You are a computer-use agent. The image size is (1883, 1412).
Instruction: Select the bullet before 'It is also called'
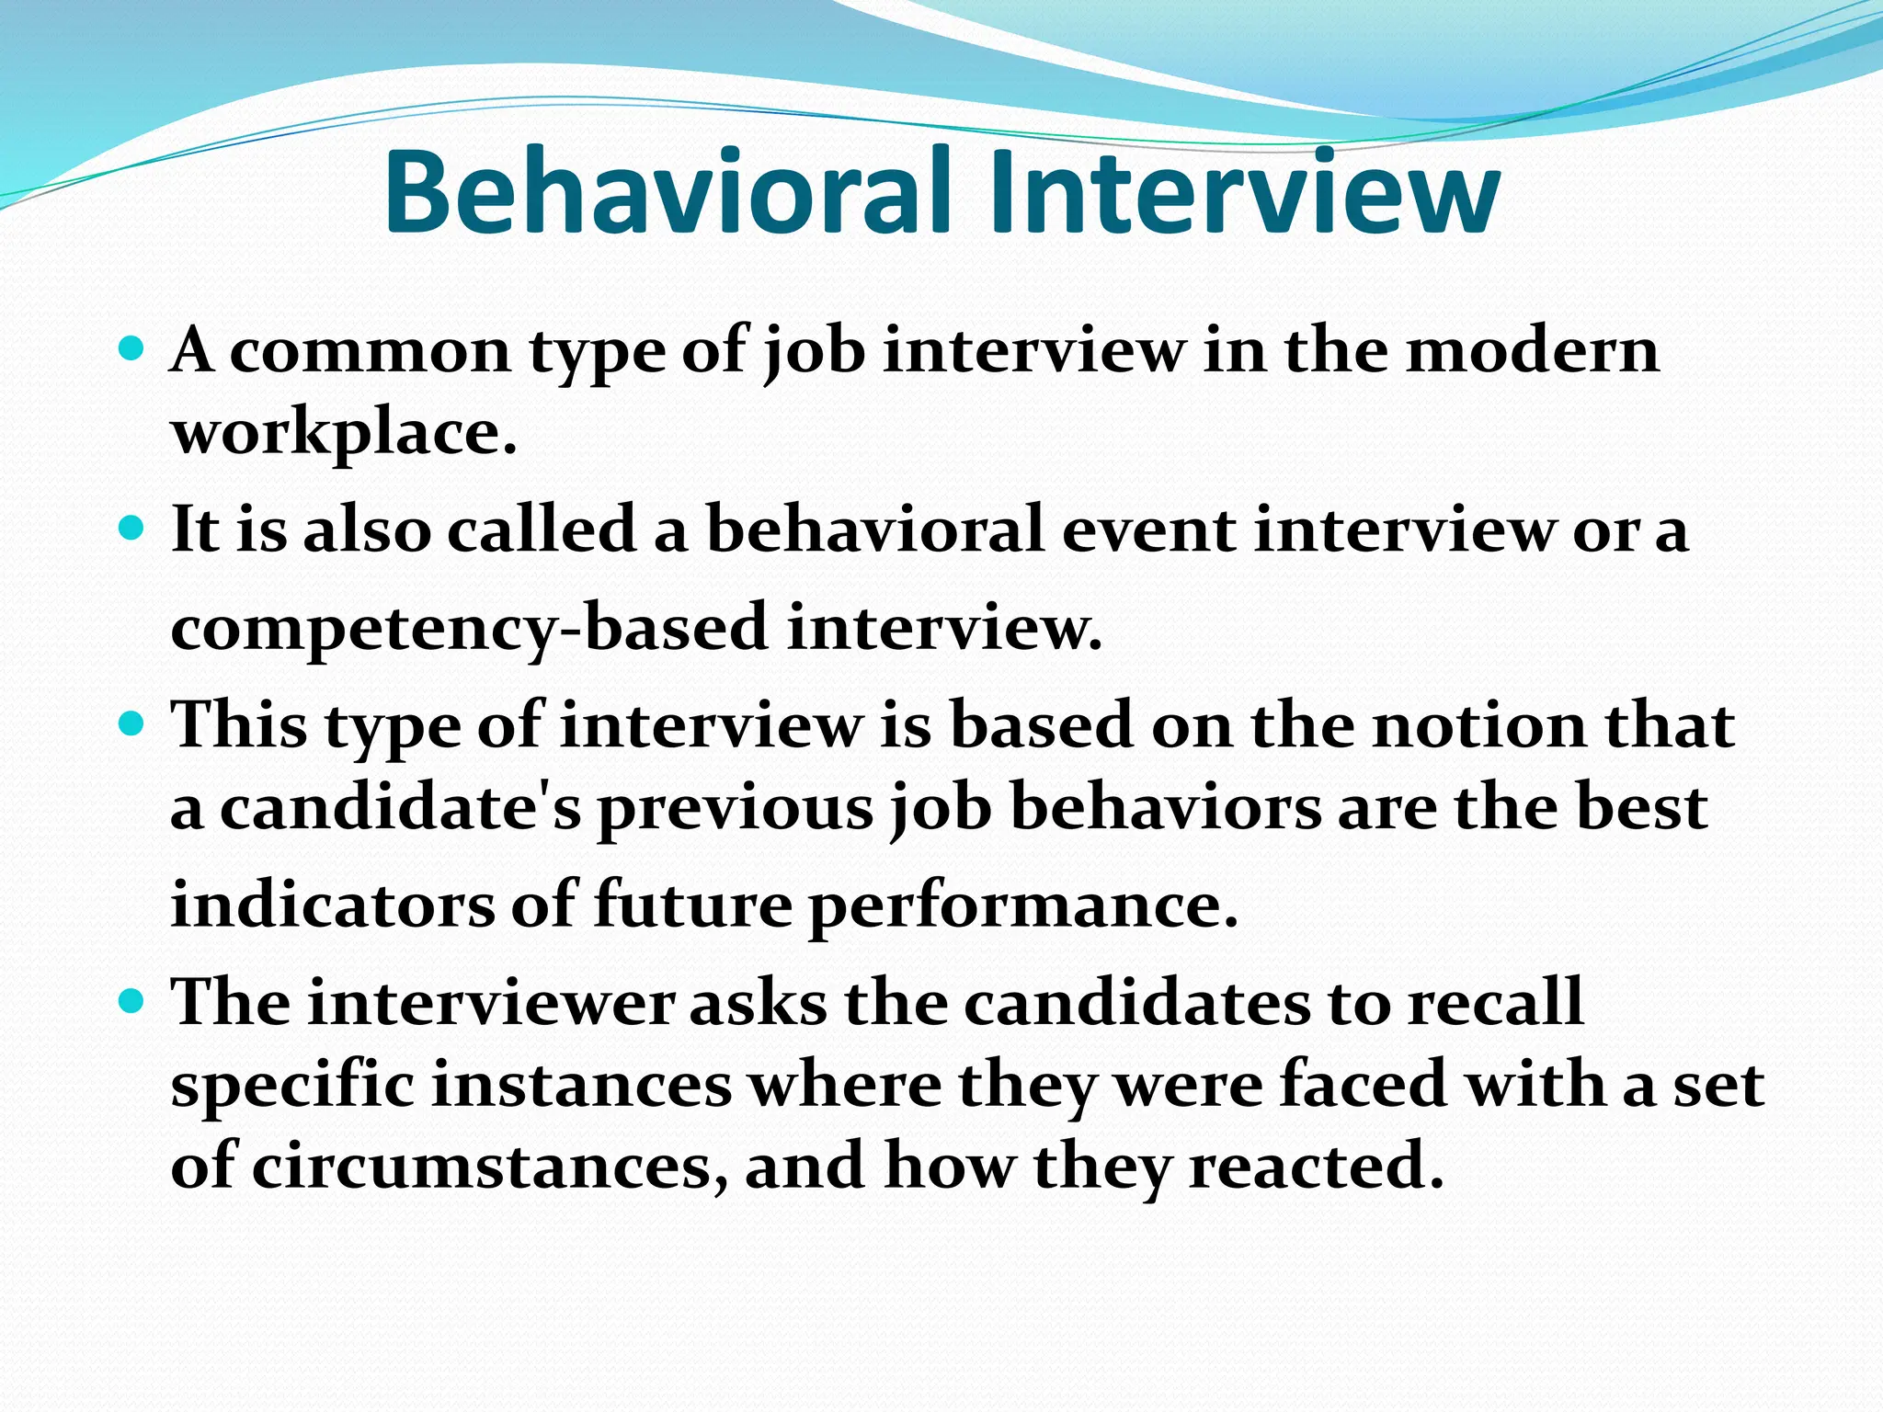pyautogui.click(x=132, y=529)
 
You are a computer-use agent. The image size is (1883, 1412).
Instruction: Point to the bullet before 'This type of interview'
pyautogui.click(x=132, y=724)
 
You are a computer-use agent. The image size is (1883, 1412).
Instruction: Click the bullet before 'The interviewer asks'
pyautogui.click(x=132, y=1000)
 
